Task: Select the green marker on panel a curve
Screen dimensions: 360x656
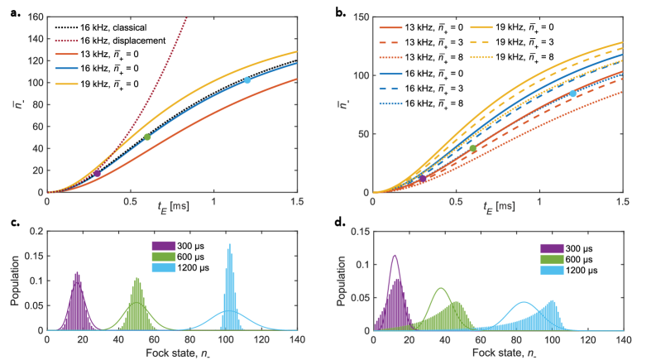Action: click(147, 137)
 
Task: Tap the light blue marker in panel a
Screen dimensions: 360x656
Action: click(247, 80)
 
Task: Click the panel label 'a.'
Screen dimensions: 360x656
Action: click(10, 10)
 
